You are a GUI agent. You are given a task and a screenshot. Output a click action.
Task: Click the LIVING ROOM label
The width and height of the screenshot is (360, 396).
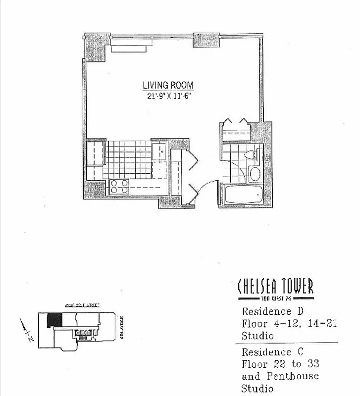168,85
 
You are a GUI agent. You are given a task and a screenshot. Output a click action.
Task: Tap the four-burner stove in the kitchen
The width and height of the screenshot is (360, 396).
119,187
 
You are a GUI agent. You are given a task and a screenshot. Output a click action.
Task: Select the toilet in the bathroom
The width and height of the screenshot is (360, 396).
253,154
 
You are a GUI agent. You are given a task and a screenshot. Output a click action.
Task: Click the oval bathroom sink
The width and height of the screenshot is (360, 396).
255,174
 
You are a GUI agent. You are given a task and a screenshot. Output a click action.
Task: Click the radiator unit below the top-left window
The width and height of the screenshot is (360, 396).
129,48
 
